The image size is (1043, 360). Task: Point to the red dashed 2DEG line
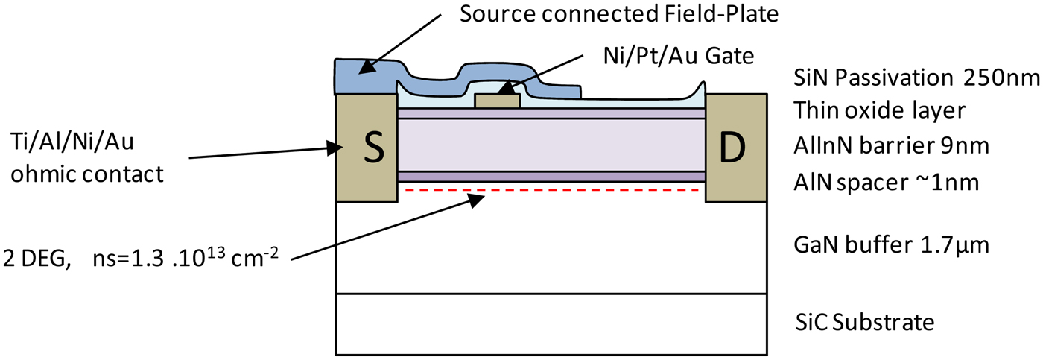[551, 190]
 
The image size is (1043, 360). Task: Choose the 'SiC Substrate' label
[865, 322]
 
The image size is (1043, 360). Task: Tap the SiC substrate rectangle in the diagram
[551, 323]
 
